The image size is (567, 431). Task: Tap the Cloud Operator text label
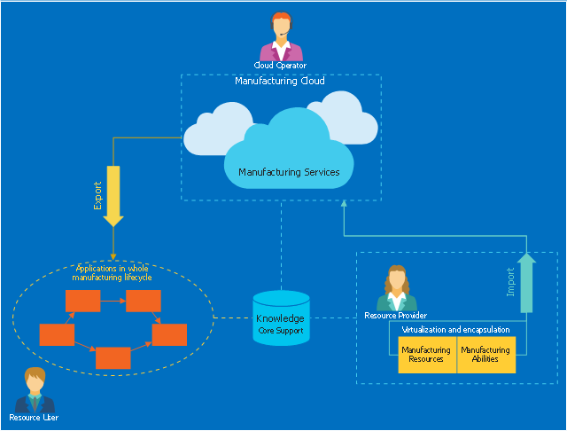(x=280, y=65)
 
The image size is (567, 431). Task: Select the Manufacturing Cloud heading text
(x=279, y=81)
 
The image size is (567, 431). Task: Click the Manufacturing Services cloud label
(x=289, y=172)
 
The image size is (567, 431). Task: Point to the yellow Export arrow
(x=113, y=195)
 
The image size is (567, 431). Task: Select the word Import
(x=510, y=282)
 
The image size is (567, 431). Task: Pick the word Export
(x=98, y=195)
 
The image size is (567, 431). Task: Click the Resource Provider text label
(x=396, y=315)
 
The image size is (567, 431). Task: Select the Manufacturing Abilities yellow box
(x=485, y=355)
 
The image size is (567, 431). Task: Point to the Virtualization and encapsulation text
(x=455, y=329)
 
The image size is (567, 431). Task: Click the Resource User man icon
(x=35, y=390)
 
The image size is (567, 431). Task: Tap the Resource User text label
(x=34, y=417)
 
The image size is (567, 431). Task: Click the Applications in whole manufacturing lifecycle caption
(x=113, y=272)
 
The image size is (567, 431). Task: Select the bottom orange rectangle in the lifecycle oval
(x=113, y=357)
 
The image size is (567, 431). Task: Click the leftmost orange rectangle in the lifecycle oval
(x=57, y=334)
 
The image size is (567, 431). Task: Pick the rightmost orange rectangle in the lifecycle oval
(x=169, y=334)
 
